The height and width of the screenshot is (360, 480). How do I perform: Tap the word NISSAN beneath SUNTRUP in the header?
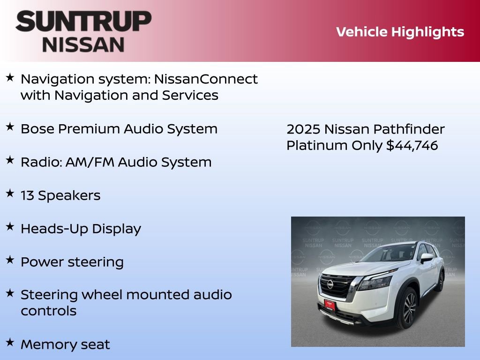coord(83,45)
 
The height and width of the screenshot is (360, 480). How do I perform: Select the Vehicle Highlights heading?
coord(400,32)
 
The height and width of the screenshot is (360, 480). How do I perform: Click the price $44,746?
coord(412,145)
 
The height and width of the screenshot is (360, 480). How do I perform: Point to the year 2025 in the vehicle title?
coord(303,129)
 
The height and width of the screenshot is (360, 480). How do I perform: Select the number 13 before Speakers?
coord(27,195)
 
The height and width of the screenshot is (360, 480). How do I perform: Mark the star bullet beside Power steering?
coord(9,260)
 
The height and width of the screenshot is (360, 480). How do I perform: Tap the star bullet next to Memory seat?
coord(9,342)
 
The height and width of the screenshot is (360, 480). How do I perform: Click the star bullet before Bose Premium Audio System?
coord(9,127)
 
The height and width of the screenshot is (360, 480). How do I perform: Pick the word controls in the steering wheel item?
coord(48,311)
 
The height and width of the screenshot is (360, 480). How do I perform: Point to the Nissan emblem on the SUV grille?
coord(330,284)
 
